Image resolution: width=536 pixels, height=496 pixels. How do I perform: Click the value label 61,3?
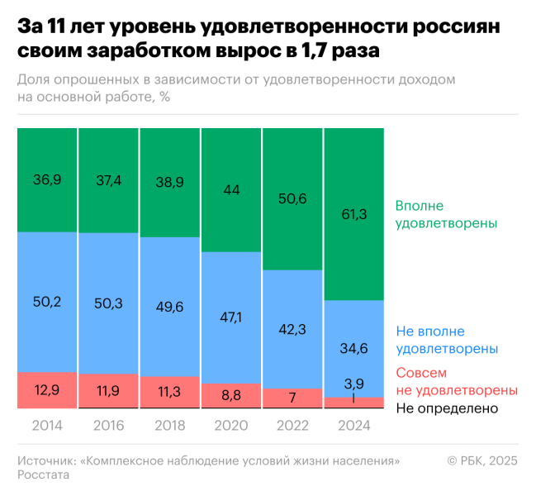point(354,215)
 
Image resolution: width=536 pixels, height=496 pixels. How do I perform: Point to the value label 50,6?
point(293,199)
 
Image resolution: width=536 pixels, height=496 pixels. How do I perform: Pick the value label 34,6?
point(354,349)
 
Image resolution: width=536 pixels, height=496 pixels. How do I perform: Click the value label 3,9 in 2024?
point(354,383)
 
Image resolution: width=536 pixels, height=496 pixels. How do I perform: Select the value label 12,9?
point(47,389)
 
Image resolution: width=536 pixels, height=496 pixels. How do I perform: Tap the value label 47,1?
point(232,317)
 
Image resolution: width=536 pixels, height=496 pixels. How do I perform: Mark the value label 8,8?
point(232,396)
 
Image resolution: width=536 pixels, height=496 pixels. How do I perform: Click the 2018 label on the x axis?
point(170,427)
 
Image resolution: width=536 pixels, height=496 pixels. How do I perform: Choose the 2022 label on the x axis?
point(293,427)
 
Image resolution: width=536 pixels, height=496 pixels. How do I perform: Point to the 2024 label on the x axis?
point(354,427)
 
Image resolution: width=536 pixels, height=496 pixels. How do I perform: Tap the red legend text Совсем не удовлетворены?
point(456,381)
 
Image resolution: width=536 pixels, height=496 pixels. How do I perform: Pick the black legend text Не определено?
point(447,408)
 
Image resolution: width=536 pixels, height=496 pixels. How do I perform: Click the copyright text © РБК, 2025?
point(482,460)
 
